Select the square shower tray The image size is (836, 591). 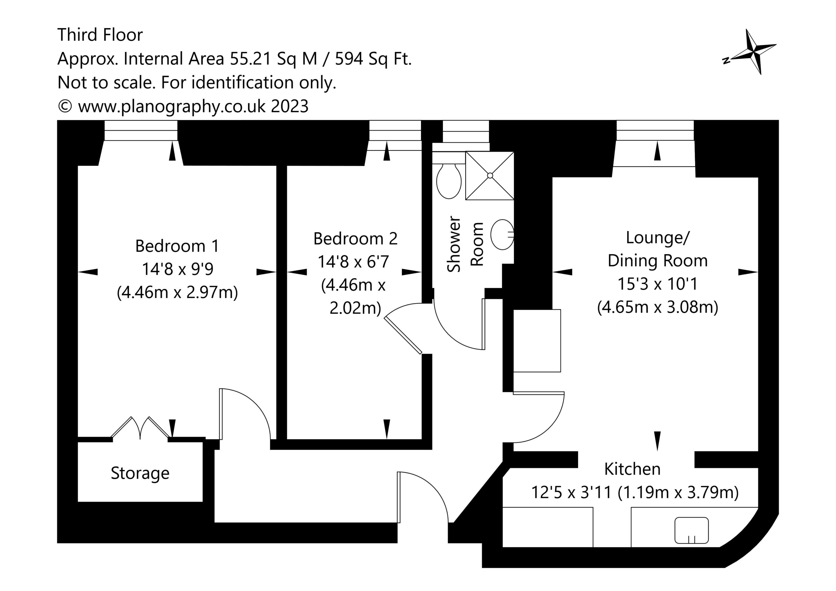pos(490,176)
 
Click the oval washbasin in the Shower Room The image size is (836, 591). pos(502,235)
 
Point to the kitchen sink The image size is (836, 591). pos(691,531)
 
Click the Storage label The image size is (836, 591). pos(140,474)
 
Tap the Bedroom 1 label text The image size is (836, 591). pos(177,246)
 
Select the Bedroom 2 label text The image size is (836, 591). pos(355,239)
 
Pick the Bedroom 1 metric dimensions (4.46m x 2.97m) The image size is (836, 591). pos(177,292)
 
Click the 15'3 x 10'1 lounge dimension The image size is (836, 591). pos(658,284)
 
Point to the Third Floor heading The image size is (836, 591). pos(100,35)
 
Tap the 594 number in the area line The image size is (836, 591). pos(349,59)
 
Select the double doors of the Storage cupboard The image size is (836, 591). pos(140,428)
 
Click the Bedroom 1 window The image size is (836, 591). pos(141,130)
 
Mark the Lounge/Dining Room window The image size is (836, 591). pos(655,130)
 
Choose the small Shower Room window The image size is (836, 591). pos(466,132)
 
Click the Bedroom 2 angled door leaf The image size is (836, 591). pos(403,335)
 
